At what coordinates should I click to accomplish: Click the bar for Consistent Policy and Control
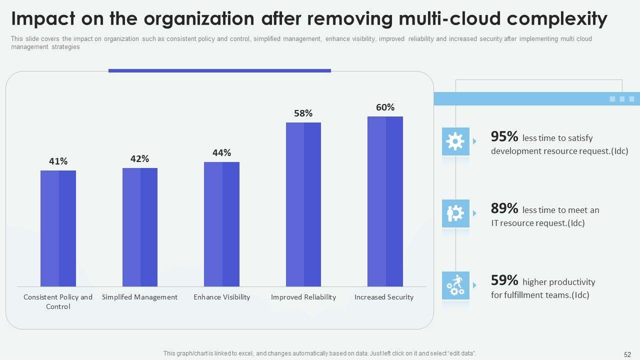[58, 228]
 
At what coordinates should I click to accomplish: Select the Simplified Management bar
[140, 227]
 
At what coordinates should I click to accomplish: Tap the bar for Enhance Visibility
[221, 224]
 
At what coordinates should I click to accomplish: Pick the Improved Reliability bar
[303, 204]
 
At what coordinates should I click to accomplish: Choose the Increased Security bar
[385, 201]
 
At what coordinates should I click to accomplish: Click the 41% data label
[58, 161]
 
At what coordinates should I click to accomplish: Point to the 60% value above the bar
[385, 107]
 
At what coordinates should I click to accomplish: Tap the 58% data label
[303, 113]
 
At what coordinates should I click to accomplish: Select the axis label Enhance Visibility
[221, 297]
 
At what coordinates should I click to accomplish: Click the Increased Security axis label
[384, 297]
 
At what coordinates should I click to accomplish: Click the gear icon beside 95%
[455, 141]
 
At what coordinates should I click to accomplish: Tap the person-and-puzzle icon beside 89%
[455, 213]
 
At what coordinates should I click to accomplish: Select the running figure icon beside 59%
[455, 285]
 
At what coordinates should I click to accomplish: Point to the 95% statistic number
[504, 136]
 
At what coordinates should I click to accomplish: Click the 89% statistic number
[504, 208]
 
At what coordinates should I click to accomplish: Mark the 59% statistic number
[504, 280]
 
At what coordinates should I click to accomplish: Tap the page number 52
[627, 354]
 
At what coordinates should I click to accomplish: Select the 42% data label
[140, 158]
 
